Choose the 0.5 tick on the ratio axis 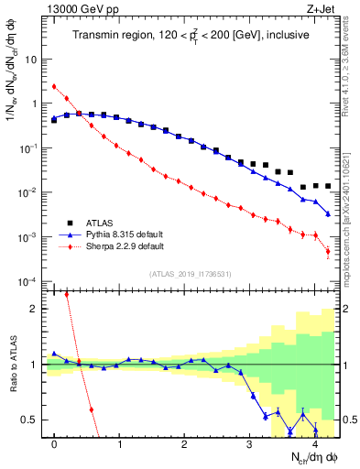29,420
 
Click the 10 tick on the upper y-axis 29,60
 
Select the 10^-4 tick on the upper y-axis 27,281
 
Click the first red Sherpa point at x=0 54,87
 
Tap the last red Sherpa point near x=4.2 328,251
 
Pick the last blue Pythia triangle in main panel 328,213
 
